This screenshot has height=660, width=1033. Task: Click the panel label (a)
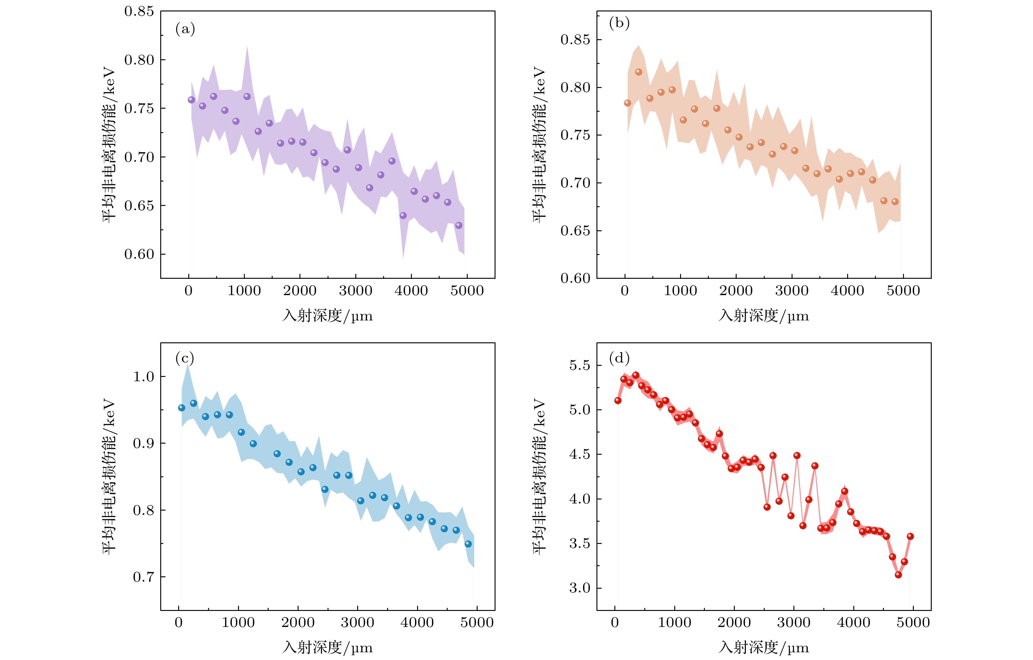[185, 29]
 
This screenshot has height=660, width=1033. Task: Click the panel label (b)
[619, 23]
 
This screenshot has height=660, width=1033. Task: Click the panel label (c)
[185, 358]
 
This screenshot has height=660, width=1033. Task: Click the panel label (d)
[619, 358]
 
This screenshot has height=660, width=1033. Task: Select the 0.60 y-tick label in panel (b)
[575, 278]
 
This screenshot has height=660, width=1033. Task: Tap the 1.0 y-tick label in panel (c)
[143, 377]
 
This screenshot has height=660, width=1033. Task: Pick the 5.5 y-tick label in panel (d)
[579, 366]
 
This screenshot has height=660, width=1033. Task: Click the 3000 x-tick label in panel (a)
[355, 291]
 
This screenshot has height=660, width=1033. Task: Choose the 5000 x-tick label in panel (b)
[903, 291]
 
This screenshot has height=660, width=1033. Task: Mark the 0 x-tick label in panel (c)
[178, 623]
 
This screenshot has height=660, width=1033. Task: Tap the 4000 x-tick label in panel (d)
[853, 623]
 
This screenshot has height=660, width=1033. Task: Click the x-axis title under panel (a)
[327, 316]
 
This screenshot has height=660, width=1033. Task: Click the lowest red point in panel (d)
[898, 575]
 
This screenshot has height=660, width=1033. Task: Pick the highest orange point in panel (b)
[639, 72]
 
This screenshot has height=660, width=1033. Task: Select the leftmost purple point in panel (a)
[191, 100]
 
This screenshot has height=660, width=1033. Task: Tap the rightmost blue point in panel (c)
[468, 544]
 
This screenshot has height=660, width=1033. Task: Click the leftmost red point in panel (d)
[618, 401]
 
